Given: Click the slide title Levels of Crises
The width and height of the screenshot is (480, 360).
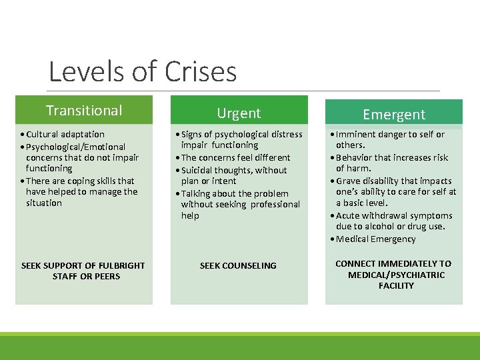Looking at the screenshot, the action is (143, 72).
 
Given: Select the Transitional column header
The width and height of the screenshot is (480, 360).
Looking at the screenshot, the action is (84, 111).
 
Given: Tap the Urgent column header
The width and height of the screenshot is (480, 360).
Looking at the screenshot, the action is (239, 113).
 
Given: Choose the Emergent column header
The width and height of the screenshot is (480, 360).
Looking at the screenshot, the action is (394, 115).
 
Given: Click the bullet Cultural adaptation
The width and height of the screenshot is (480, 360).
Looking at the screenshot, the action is (65, 134).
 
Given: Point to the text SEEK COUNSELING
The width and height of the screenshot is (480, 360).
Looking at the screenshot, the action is (238, 265).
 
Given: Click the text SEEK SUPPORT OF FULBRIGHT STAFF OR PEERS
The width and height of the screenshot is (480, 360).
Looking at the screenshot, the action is (83, 271).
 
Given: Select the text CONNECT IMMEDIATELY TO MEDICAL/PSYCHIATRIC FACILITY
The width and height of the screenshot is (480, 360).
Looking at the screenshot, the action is (393, 274).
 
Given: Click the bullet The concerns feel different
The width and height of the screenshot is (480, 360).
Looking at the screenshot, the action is (236, 157).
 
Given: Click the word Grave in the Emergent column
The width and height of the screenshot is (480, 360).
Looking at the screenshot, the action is (348, 181).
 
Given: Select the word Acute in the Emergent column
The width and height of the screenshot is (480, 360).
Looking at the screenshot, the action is (348, 215).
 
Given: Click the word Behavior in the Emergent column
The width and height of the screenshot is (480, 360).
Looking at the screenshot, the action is (355, 157).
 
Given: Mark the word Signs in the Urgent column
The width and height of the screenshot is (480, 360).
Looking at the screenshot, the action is (192, 134).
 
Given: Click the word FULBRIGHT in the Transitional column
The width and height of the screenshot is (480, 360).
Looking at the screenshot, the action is (119, 265).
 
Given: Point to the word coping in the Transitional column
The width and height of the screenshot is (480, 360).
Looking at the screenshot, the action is (81, 181).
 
